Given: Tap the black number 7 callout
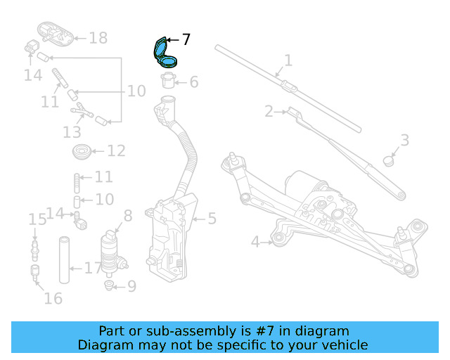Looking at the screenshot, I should (186, 40).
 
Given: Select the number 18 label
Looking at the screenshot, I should (98, 38).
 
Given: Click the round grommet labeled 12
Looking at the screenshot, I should (82, 150).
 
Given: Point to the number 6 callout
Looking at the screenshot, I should (193, 82).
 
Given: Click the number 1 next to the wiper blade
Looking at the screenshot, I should (288, 60).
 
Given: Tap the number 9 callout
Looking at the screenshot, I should (131, 286).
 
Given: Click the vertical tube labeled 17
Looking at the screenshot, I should (65, 261).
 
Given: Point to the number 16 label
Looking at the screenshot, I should (53, 298).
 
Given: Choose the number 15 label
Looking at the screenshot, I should (37, 221).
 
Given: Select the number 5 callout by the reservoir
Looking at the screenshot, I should (212, 219).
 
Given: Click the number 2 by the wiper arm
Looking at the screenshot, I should (269, 111).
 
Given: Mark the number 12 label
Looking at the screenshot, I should (116, 150).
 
